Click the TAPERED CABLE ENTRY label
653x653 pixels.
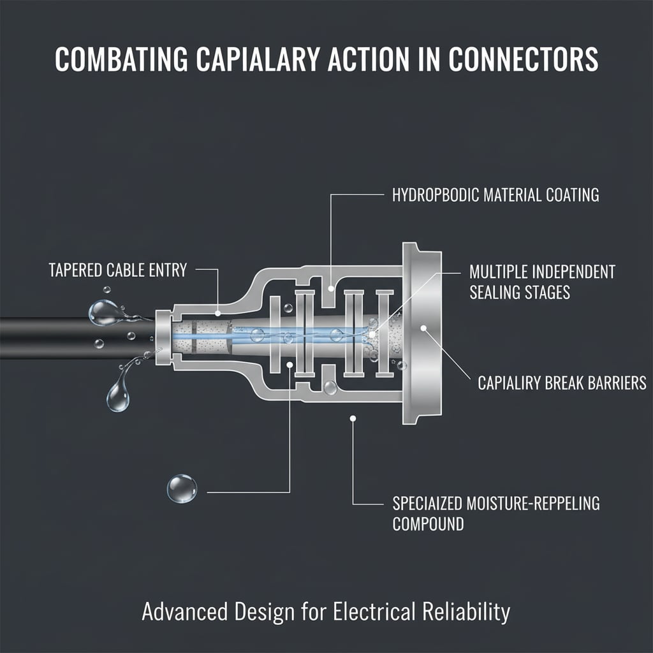[x=118, y=270]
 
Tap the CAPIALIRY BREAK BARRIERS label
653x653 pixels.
[x=562, y=383]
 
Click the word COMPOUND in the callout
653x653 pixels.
[x=427, y=525]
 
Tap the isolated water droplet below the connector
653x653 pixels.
[x=182, y=488]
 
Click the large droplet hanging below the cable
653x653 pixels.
[x=119, y=395]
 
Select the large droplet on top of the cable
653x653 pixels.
[x=102, y=312]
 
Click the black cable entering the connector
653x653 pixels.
[x=64, y=338]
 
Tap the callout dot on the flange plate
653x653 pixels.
[x=424, y=328]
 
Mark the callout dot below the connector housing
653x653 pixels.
[x=353, y=418]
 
